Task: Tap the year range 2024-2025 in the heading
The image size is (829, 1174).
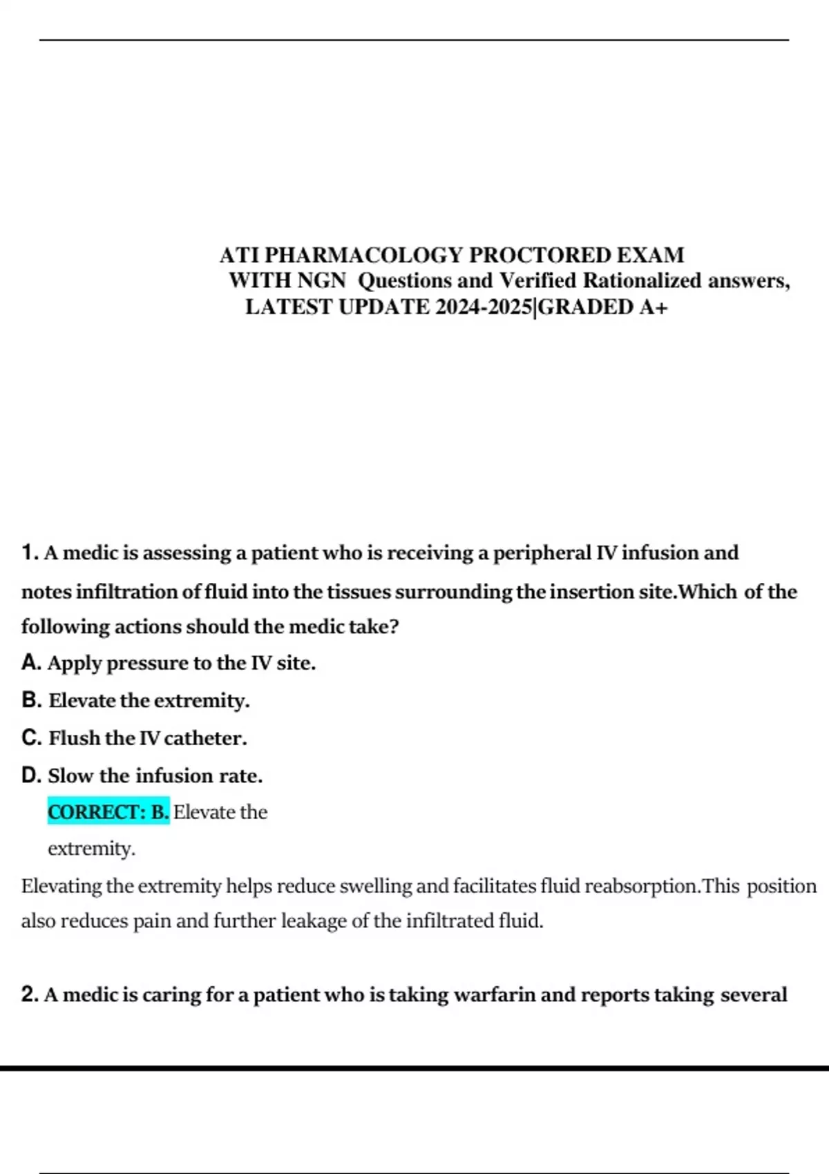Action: [484, 307]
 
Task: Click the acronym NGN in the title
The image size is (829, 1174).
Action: [321, 281]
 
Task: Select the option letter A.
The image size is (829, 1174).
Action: [31, 663]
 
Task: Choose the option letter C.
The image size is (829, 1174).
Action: [31, 738]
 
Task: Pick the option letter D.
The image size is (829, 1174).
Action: [31, 776]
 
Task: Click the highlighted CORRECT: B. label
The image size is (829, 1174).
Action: [108, 812]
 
